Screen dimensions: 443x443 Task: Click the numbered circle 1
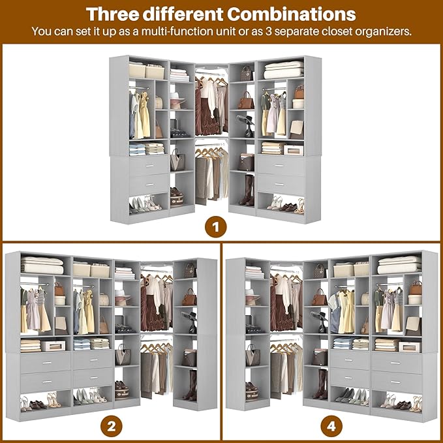point(215,228)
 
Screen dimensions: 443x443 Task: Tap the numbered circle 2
point(112,427)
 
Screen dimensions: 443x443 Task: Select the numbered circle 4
point(331,427)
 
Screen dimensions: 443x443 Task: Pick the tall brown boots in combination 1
point(248,189)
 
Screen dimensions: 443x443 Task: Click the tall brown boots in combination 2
point(191,385)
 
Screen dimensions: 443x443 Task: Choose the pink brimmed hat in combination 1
point(177,101)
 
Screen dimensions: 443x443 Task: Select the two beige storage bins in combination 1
point(147,70)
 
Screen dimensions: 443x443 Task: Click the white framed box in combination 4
point(409,346)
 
